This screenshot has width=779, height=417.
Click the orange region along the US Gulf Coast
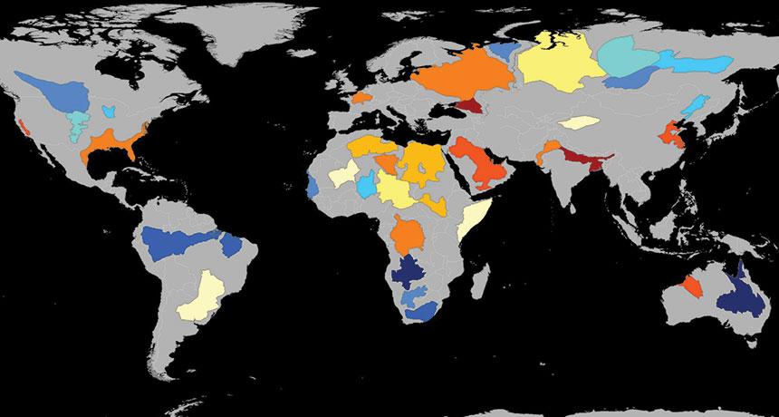coord(109,145)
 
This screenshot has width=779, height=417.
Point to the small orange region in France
coord(361,96)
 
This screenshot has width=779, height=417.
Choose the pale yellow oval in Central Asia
coord(579,121)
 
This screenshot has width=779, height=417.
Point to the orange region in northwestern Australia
coord(692,287)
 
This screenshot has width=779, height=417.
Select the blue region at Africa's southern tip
coord(420,311)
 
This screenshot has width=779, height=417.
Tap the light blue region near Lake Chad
coord(366,187)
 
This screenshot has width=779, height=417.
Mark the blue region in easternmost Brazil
coord(236,246)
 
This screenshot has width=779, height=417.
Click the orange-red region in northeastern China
coord(674,135)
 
